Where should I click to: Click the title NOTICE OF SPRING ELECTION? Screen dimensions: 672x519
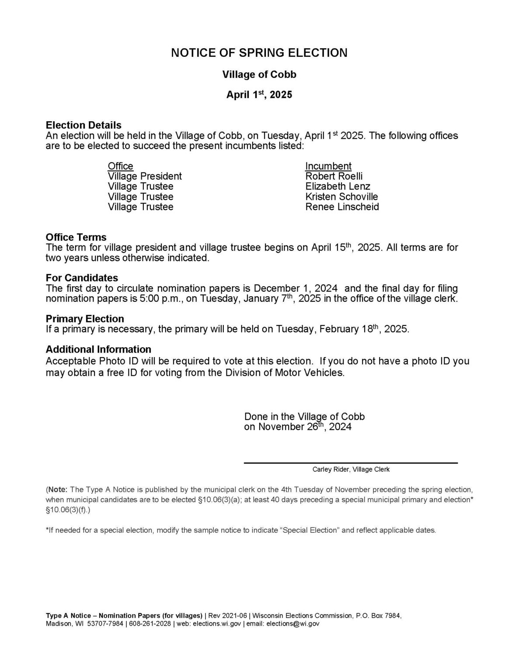point(259,53)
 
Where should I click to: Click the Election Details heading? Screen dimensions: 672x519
point(84,125)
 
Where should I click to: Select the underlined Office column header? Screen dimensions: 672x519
point(120,166)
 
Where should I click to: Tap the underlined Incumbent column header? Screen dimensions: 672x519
point(328,166)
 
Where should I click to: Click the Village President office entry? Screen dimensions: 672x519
point(145,176)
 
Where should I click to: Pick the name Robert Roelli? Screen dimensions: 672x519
point(334,176)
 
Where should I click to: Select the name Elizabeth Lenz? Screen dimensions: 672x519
point(338,186)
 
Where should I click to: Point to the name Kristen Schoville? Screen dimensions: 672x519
point(341,196)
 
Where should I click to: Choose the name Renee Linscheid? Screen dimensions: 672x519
point(342,206)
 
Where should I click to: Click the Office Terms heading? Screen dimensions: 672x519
point(76,237)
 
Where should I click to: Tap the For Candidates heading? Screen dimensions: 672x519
point(82,278)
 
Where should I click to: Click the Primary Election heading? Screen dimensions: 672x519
point(85,318)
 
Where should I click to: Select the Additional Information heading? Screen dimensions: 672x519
point(98,349)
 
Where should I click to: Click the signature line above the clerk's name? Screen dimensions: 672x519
point(351,462)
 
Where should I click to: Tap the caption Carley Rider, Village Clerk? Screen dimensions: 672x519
point(351,469)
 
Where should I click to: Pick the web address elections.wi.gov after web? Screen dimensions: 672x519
point(217,623)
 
